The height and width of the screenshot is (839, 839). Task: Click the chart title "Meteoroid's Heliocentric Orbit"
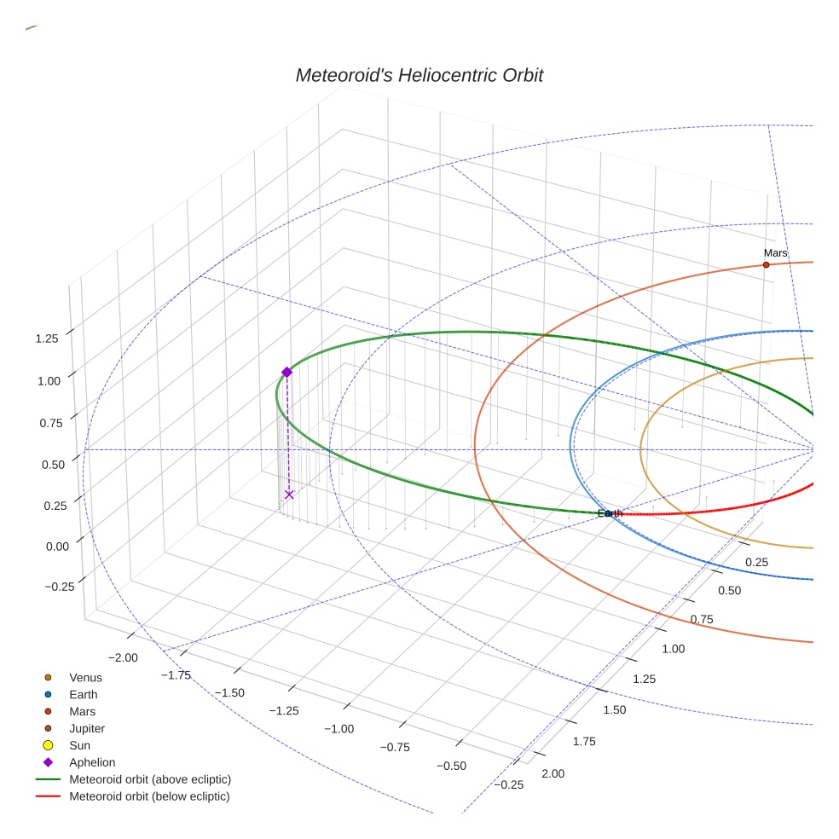[419, 75]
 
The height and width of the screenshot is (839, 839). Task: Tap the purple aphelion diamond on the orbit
[286, 372]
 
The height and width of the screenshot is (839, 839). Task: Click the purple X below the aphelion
[289, 495]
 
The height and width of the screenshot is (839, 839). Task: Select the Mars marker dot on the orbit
[766, 265]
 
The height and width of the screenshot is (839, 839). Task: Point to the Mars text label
[775, 253]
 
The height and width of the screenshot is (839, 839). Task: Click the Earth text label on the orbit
[610, 513]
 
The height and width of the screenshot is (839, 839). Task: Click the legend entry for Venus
[85, 678]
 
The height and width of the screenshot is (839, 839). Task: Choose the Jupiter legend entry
[87, 729]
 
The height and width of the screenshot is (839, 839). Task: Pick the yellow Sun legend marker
[49, 745]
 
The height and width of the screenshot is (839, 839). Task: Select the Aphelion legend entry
[92, 762]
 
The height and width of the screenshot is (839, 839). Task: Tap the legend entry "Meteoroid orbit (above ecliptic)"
[150, 779]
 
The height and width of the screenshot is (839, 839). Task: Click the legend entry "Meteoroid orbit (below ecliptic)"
[149, 796]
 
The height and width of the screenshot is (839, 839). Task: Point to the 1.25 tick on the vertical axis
[47, 338]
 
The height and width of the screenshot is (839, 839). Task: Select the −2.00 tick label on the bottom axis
[124, 657]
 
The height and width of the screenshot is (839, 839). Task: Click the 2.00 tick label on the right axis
[553, 773]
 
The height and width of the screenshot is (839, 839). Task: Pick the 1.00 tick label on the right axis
[673, 649]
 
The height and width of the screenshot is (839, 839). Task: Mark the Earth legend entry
[84, 695]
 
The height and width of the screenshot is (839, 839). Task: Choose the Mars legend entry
[83, 712]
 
